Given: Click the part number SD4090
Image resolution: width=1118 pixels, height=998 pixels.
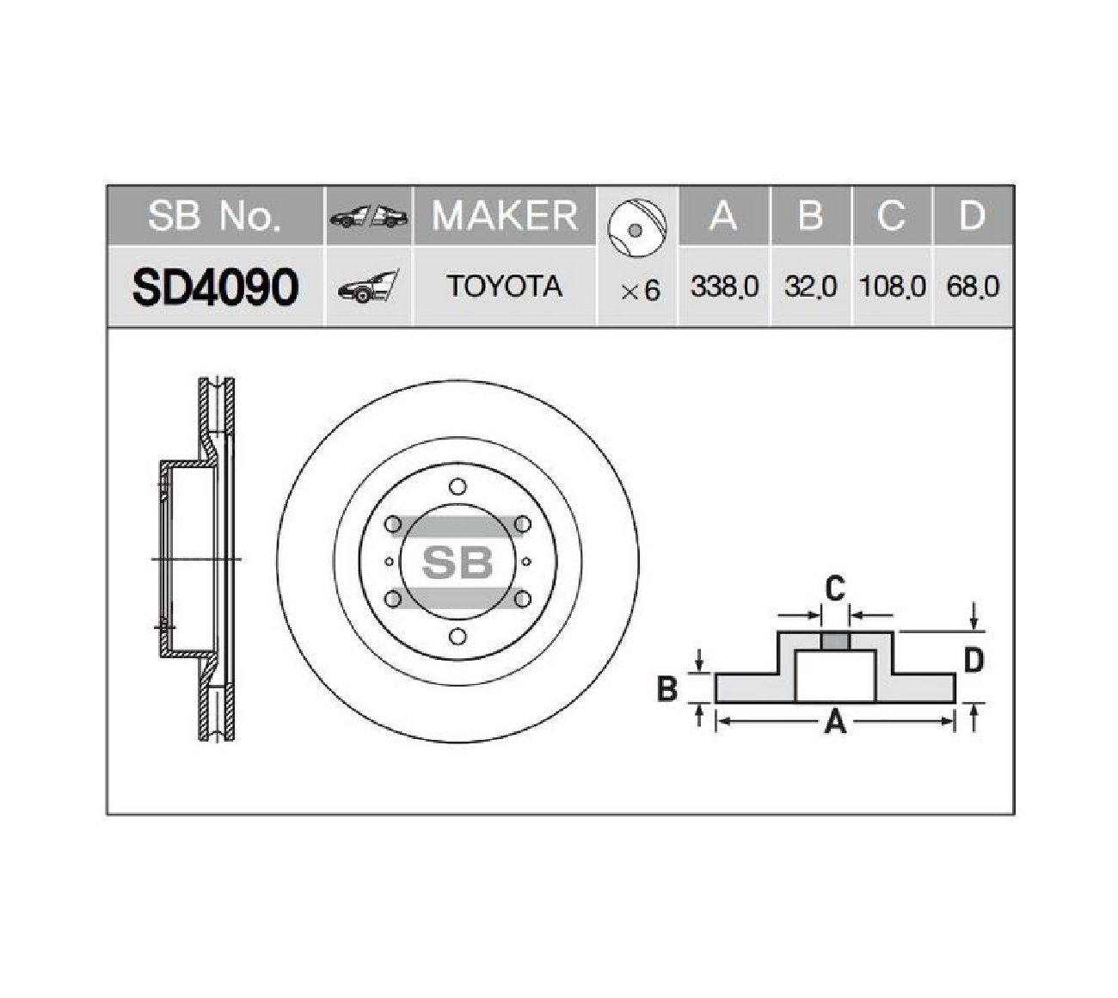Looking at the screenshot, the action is [x=215, y=287].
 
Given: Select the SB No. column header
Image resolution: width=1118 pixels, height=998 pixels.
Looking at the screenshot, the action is [x=215, y=216].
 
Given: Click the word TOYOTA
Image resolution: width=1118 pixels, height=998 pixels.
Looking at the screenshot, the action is [x=504, y=286].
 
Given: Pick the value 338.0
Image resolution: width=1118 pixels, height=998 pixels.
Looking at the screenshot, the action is [x=724, y=286].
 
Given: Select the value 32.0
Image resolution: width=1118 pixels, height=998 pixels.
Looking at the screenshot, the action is [x=810, y=286].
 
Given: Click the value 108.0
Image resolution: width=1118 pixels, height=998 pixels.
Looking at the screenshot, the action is [x=892, y=286].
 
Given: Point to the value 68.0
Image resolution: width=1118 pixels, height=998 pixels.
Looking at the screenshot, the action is [x=973, y=286].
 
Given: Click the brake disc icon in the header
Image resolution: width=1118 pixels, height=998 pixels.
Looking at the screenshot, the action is [x=636, y=227].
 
